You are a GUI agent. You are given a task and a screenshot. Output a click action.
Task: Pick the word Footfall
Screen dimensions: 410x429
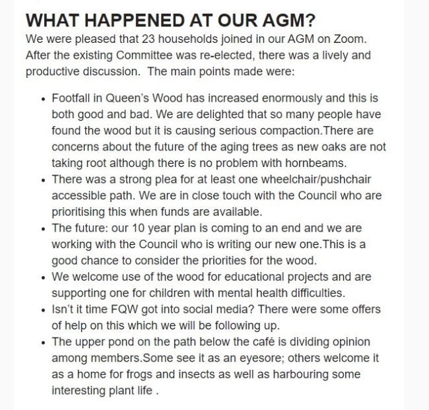73,98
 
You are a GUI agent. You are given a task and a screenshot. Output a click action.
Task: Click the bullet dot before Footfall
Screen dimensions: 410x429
43,99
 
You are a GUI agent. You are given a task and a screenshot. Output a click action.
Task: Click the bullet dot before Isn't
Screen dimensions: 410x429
43,310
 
